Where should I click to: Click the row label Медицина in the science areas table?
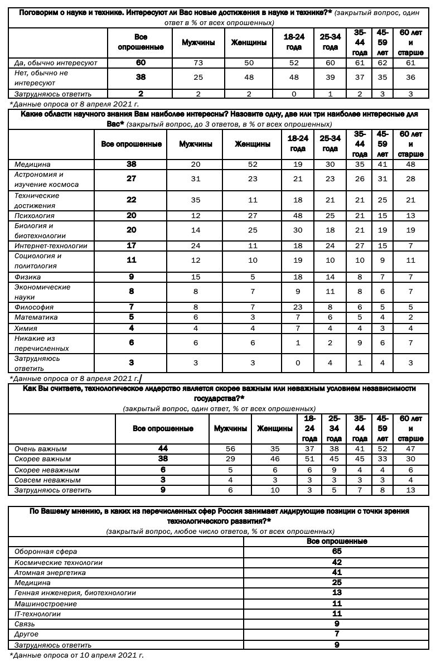pyautogui.click(x=32, y=165)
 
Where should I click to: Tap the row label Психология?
pyautogui.click(x=34, y=215)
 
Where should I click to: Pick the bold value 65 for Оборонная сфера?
pyautogui.click(x=337, y=552)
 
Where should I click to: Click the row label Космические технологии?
pyautogui.click(x=58, y=562)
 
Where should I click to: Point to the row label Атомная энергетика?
pyautogui.click(x=50, y=572)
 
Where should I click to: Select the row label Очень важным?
pyautogui.click(x=40, y=449)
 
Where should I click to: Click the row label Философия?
pyautogui.click(x=33, y=307)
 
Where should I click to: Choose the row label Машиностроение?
pyautogui.click(x=45, y=604)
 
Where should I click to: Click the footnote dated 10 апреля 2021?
pyautogui.click(x=76, y=655)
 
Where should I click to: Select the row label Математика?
pyautogui.click(x=36, y=317)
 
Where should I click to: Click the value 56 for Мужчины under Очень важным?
pyautogui.click(x=230, y=449)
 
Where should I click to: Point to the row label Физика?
pyautogui.click(x=27, y=277)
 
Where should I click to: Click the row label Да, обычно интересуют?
pyautogui.click(x=55, y=63)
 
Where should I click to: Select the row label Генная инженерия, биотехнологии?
pyautogui.click(x=75, y=593)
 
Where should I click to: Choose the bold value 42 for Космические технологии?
pyautogui.click(x=337, y=562)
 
